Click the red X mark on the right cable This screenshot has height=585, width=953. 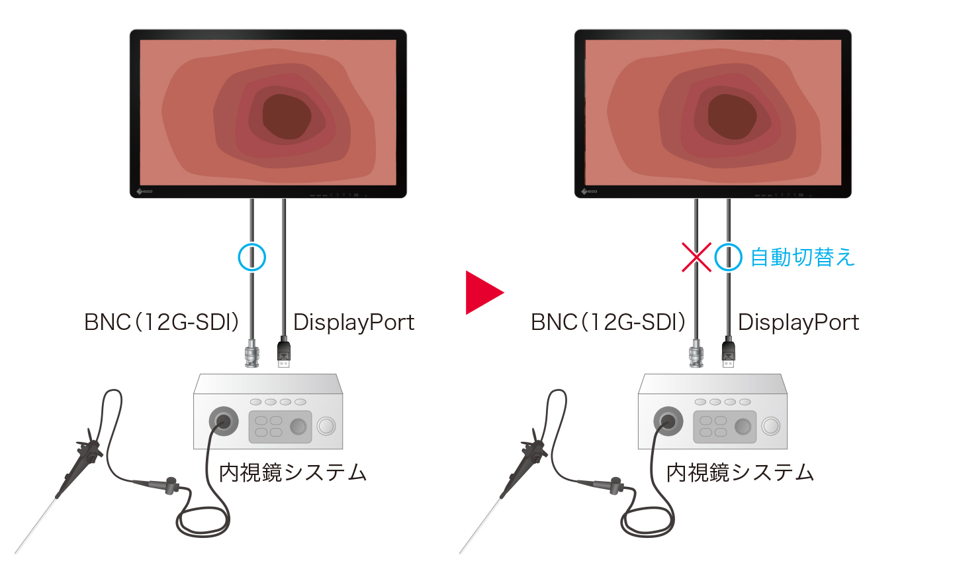pyautogui.click(x=696, y=257)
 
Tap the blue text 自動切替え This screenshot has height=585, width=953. pyautogui.click(x=802, y=257)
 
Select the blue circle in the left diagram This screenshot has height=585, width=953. pyautogui.click(x=252, y=257)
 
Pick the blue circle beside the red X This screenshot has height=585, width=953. pyautogui.click(x=729, y=257)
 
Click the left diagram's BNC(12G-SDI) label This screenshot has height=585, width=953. pyautogui.click(x=161, y=322)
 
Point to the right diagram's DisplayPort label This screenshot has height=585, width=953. pyautogui.click(x=799, y=322)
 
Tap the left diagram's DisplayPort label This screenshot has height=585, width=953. pyautogui.click(x=353, y=322)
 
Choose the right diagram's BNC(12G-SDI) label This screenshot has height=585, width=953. pyautogui.click(x=608, y=322)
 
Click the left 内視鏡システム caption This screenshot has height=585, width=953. pyautogui.click(x=293, y=472)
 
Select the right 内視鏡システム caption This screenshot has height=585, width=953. pyautogui.click(x=740, y=472)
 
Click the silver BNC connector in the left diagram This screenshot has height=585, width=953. pyautogui.click(x=252, y=353)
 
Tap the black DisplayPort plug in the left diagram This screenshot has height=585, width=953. pyautogui.click(x=284, y=352)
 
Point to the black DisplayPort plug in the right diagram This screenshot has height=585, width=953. pyautogui.click(x=729, y=352)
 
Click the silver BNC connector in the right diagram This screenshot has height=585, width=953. pyautogui.click(x=696, y=353)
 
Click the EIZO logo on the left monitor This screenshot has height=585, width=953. pyautogui.click(x=145, y=191)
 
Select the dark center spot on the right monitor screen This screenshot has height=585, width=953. pyautogui.click(x=732, y=117)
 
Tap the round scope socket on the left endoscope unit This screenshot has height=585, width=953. pyautogui.click(x=224, y=421)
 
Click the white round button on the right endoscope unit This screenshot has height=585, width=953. pyautogui.click(x=771, y=426)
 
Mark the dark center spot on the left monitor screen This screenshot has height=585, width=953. pyautogui.click(x=287, y=117)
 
